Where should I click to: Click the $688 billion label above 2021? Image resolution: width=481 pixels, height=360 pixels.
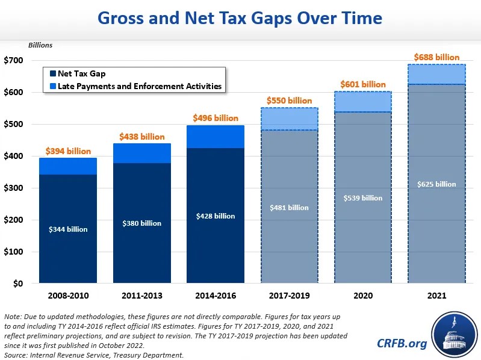(437, 57)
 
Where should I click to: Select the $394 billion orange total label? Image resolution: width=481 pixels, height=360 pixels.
(68, 151)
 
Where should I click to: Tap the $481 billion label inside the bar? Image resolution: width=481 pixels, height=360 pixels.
(290, 208)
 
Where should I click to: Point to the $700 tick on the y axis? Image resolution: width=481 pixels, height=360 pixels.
(14, 61)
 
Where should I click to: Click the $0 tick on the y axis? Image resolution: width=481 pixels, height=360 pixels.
(17, 284)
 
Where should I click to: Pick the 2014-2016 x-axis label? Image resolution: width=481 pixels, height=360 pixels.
(216, 296)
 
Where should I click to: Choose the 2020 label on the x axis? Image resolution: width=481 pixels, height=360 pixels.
(363, 296)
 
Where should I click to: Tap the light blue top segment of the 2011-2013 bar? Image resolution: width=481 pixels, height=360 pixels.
(142, 154)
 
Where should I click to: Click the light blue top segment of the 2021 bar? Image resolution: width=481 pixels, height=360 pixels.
(436, 74)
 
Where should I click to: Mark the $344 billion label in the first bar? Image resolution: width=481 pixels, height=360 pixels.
(69, 229)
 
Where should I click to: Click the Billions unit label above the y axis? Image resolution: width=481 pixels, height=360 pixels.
(41, 45)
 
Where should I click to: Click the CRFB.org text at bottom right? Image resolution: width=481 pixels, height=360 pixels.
(401, 343)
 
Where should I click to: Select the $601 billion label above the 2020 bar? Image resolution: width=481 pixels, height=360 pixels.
(363, 85)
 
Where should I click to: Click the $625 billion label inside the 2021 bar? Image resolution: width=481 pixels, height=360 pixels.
(436, 184)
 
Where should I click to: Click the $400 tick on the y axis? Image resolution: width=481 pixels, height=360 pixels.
(14, 157)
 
